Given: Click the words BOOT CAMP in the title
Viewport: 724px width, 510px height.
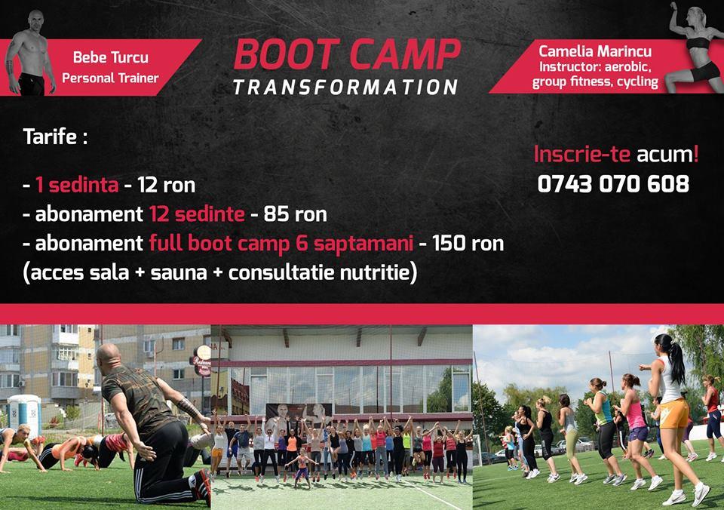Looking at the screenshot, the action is pyautogui.click(x=347, y=54).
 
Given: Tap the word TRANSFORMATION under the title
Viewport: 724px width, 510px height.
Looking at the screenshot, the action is pyautogui.click(x=345, y=87).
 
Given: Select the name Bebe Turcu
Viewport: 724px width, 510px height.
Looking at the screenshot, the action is pyautogui.click(x=111, y=57).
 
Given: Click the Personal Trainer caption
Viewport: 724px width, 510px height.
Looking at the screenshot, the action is pyautogui.click(x=110, y=78).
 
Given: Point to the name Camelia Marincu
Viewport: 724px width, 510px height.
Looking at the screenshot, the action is pyautogui.click(x=595, y=51).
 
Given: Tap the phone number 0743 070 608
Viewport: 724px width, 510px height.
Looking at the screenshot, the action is pyautogui.click(x=613, y=184).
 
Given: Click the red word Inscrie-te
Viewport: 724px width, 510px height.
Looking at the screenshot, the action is pyautogui.click(x=581, y=155).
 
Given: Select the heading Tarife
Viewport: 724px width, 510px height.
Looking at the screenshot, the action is pyautogui.click(x=55, y=137).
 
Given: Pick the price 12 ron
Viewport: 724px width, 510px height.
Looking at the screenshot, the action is pyautogui.click(x=166, y=186).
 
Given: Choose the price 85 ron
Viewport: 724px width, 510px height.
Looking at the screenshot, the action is pyautogui.click(x=296, y=214).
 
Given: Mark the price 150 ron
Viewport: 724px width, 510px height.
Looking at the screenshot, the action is pyautogui.click(x=468, y=244).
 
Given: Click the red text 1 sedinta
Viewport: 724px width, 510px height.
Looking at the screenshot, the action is pyautogui.click(x=77, y=185).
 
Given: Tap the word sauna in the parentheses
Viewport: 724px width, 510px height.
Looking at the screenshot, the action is pyautogui.click(x=179, y=272).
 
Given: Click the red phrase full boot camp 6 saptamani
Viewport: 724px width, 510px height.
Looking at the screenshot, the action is pyautogui.click(x=281, y=244).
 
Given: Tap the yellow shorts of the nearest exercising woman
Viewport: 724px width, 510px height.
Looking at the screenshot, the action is pyautogui.click(x=674, y=413).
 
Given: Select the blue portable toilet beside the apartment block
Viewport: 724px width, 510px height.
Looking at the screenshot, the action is pyautogui.click(x=24, y=416).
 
